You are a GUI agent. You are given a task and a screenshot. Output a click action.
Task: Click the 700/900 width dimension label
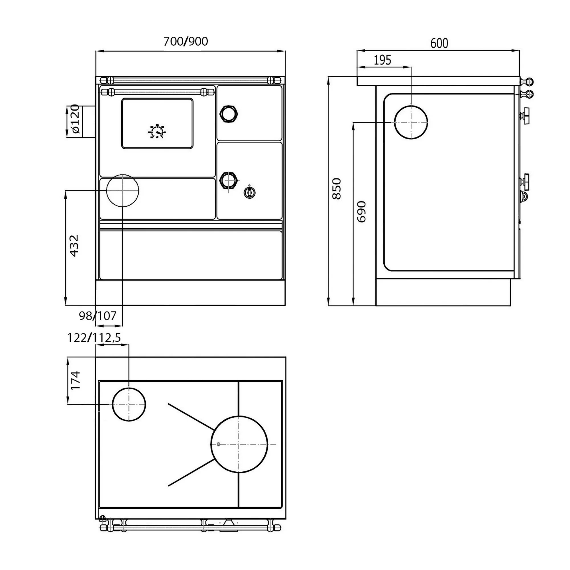pyautogui.click(x=186, y=42)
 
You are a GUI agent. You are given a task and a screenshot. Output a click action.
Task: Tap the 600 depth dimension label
pyautogui.click(x=439, y=43)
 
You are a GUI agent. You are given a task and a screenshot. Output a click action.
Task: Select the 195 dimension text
pyautogui.click(x=382, y=60)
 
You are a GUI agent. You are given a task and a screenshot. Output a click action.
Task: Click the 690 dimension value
pyautogui.click(x=361, y=211)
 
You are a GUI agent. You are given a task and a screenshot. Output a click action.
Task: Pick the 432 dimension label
pyautogui.click(x=74, y=245)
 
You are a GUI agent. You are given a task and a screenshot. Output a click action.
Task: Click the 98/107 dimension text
pyautogui.click(x=98, y=316)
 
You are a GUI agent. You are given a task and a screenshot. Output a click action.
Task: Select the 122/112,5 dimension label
pyautogui.click(x=94, y=338)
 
